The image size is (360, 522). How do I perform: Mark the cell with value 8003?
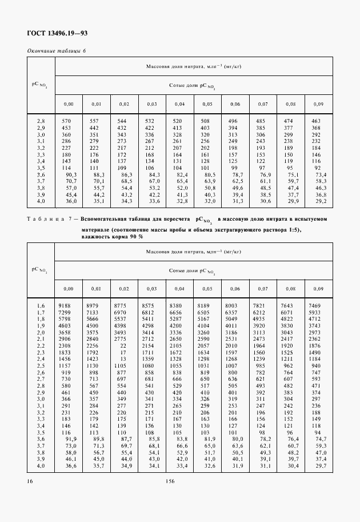(x=231, y=306)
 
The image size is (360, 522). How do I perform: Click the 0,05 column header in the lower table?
(x=207, y=288)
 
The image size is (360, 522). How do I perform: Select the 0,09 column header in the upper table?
(x=318, y=103)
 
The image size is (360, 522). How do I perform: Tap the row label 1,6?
(x=41, y=306)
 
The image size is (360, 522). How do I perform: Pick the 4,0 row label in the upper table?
(x=41, y=201)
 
